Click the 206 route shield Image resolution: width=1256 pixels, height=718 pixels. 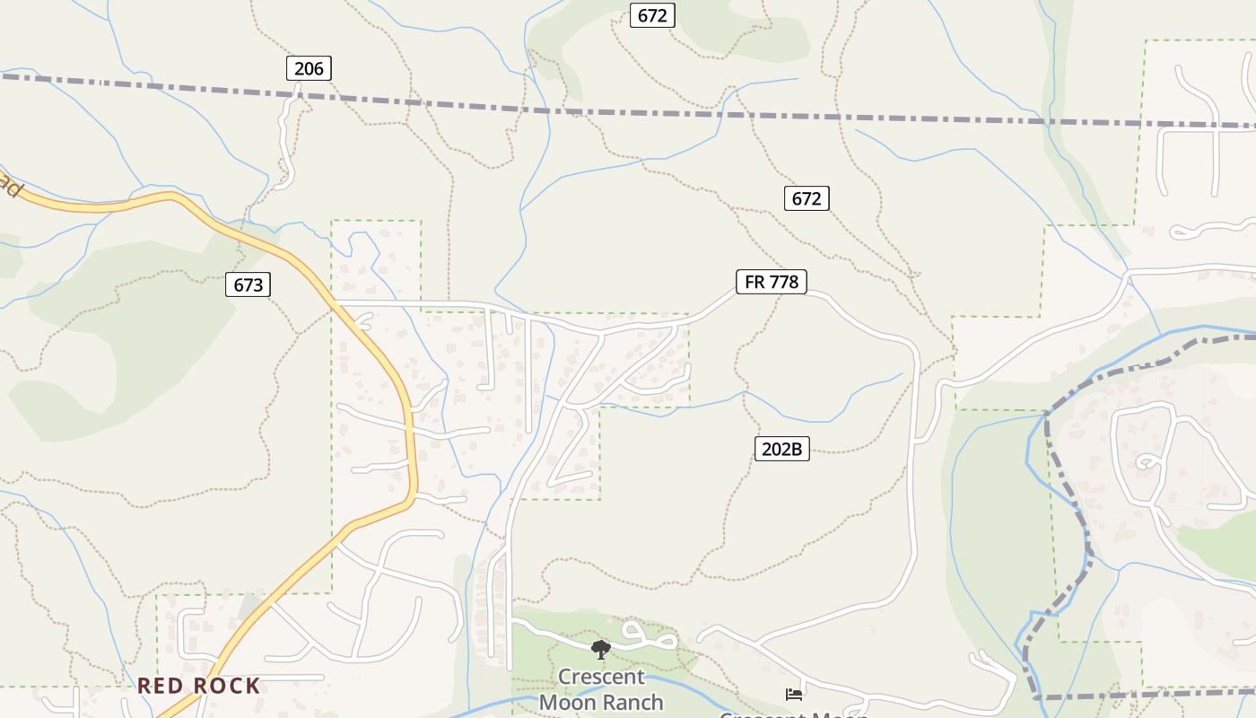(x=309, y=68)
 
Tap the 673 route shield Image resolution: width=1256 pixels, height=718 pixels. (x=248, y=285)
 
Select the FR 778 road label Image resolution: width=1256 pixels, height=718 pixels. (x=772, y=282)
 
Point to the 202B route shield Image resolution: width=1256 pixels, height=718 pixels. (x=781, y=449)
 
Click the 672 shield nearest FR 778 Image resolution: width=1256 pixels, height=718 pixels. (x=807, y=198)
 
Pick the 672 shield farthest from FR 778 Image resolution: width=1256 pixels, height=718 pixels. (x=652, y=15)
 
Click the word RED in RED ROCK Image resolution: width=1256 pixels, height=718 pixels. (x=161, y=686)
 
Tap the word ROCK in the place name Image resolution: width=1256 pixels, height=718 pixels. (x=227, y=686)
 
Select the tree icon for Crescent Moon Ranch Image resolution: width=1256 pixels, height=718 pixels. (x=600, y=649)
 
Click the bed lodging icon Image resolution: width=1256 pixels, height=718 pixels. (x=794, y=694)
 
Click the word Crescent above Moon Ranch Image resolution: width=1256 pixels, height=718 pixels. (x=601, y=676)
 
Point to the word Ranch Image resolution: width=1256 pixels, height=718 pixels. (x=633, y=702)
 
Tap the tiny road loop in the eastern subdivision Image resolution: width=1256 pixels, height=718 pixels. (x=1147, y=463)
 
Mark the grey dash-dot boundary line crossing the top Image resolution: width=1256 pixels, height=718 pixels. (x=628, y=112)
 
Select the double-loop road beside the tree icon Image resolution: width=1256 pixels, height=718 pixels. (x=648, y=636)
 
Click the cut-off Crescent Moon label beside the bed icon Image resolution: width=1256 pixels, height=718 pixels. (x=794, y=714)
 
